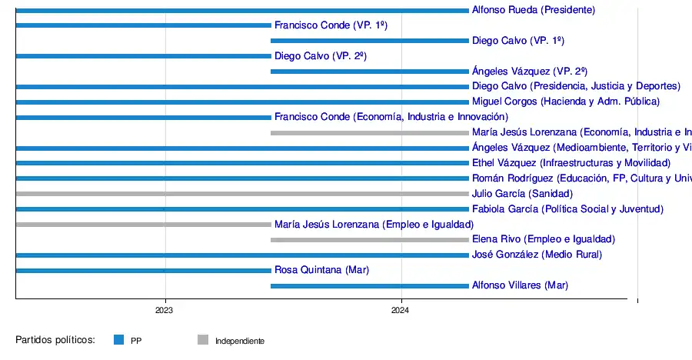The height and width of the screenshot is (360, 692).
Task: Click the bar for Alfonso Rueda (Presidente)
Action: coord(242,10)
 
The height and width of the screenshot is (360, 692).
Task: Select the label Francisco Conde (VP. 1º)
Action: coord(331,25)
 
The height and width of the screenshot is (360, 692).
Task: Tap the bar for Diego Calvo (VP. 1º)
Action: coord(369,41)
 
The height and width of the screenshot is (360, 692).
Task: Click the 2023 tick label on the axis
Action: coord(164,311)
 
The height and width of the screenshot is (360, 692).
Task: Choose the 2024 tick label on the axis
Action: coord(400,311)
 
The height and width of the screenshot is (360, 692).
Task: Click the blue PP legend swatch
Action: coord(118,339)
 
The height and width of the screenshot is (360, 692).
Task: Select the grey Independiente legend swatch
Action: coord(203,339)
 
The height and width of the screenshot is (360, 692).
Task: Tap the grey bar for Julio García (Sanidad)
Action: coord(242,194)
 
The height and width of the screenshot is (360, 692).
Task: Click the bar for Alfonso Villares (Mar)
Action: coord(369,285)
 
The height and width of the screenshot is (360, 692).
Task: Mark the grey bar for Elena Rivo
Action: coord(369,240)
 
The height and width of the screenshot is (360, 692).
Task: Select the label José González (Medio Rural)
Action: coord(537,255)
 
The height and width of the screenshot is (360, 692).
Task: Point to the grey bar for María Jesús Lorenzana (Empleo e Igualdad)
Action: coord(143,225)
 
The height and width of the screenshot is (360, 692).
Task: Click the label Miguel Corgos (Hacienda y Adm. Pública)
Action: coord(566,102)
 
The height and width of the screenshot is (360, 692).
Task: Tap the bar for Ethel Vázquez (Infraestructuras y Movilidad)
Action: coord(242,163)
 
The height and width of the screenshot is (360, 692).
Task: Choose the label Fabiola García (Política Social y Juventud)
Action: coord(567,209)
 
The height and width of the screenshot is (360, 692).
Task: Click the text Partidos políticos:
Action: coord(55,339)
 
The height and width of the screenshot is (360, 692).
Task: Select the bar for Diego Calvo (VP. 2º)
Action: coord(143,56)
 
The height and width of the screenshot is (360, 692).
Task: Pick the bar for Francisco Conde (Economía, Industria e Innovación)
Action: coord(143,118)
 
